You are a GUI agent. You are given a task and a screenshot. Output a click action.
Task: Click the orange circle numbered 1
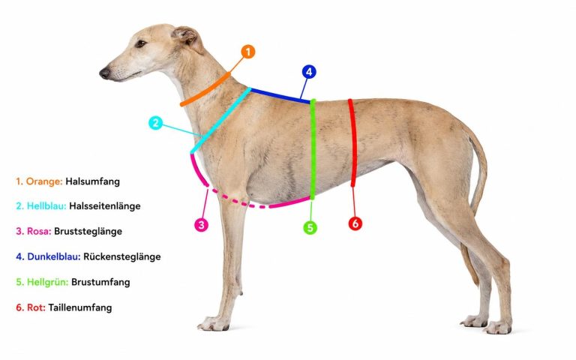[248, 52]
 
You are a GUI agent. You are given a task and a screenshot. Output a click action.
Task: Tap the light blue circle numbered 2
[156, 123]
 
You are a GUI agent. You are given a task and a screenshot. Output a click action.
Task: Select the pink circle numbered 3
[201, 225]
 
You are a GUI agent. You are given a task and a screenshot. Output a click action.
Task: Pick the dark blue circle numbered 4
[309, 72]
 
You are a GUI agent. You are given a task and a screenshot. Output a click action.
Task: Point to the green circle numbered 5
[310, 228]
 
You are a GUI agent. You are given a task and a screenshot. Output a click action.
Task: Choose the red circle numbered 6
[355, 223]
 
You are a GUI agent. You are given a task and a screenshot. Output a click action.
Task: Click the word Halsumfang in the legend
[92, 181]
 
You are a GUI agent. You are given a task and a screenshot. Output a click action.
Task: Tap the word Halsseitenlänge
[105, 206]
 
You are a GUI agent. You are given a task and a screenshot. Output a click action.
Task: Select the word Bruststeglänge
[88, 232]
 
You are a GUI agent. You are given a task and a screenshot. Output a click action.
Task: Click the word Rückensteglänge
[122, 256]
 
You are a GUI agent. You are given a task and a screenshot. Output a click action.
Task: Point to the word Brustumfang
[100, 282]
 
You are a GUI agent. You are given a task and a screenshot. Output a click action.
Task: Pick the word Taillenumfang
[80, 307]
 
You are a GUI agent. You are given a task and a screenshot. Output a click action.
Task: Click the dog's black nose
[105, 73]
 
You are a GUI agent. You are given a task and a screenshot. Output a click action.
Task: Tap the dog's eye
[140, 43]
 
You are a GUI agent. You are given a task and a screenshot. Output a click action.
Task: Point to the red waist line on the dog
[353, 142]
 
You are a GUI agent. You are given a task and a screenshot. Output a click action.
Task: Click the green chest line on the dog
[313, 148]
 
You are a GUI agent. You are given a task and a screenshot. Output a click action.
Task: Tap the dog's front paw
[214, 323]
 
